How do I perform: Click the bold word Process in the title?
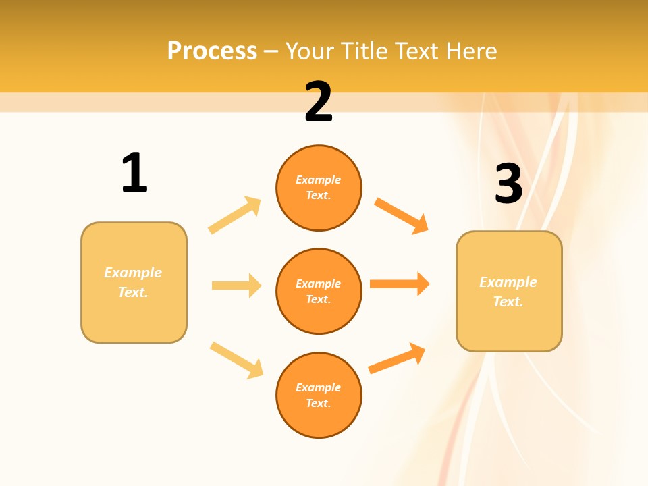point(212,51)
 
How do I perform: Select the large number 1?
point(134,173)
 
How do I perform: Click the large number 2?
point(319,102)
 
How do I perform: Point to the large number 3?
point(508,184)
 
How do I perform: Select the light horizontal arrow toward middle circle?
point(236,286)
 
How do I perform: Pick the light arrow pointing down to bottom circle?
point(236,360)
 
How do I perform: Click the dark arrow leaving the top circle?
point(401,215)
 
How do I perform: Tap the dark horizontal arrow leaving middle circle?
point(400,283)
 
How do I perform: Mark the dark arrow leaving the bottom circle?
point(397,358)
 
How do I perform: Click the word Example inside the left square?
point(133,273)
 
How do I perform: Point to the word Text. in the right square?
point(508,302)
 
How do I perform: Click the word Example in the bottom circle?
point(319,387)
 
